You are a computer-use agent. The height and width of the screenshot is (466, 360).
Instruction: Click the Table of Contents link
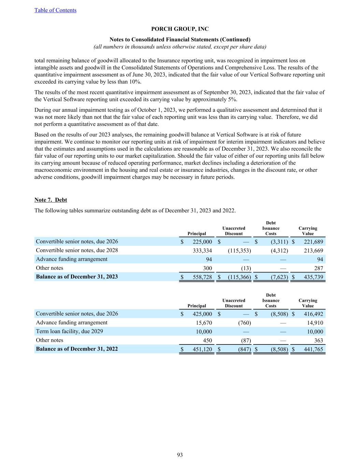tap(55, 10)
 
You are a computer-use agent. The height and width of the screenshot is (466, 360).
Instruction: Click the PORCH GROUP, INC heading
tap(180, 29)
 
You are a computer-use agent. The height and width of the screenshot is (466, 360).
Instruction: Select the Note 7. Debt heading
tap(51, 200)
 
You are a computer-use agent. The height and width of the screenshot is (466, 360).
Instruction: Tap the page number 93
tap(180, 455)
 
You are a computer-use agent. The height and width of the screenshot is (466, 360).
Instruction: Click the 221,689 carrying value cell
tap(313, 242)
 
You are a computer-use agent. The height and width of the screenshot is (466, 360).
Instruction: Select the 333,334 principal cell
tap(202, 251)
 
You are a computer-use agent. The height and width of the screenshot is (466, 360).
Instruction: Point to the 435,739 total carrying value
tap(313, 277)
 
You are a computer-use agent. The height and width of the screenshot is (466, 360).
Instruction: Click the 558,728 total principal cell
tap(202, 277)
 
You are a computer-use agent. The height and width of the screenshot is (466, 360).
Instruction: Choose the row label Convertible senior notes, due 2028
tap(77, 250)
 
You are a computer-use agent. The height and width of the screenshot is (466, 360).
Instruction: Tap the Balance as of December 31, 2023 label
tap(77, 277)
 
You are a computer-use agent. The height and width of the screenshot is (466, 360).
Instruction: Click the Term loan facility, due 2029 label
tap(69, 331)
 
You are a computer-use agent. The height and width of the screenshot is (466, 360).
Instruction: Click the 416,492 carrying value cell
tap(313, 314)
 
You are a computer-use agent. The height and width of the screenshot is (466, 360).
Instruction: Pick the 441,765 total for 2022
tap(313, 349)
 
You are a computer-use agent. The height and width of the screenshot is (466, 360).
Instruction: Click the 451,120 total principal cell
tap(202, 349)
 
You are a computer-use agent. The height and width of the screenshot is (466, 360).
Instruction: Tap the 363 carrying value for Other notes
tap(318, 340)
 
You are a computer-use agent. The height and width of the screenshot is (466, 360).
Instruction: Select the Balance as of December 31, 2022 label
tap(77, 349)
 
